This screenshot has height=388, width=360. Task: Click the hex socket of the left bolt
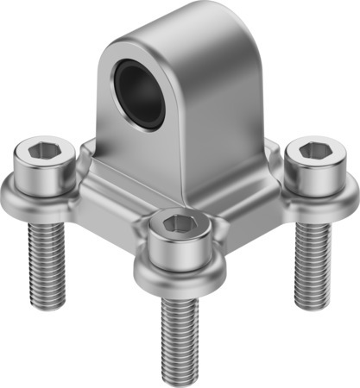pyautogui.click(x=41, y=152)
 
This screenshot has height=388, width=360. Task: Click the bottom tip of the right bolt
pyautogui.click(x=312, y=304)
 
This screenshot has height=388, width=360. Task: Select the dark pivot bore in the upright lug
pyautogui.click(x=139, y=94)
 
